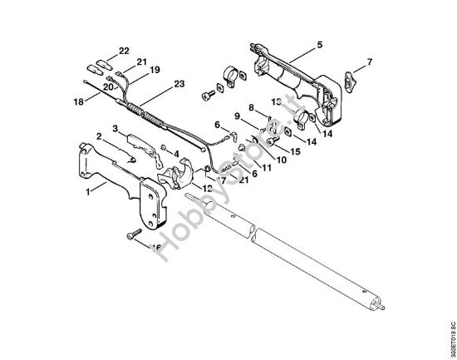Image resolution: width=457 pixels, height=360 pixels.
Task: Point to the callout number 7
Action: (370, 61)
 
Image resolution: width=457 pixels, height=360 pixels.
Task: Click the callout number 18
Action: (78, 103)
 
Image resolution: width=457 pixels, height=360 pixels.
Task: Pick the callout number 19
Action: (155, 70)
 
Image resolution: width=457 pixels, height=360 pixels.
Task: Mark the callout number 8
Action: (251, 107)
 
